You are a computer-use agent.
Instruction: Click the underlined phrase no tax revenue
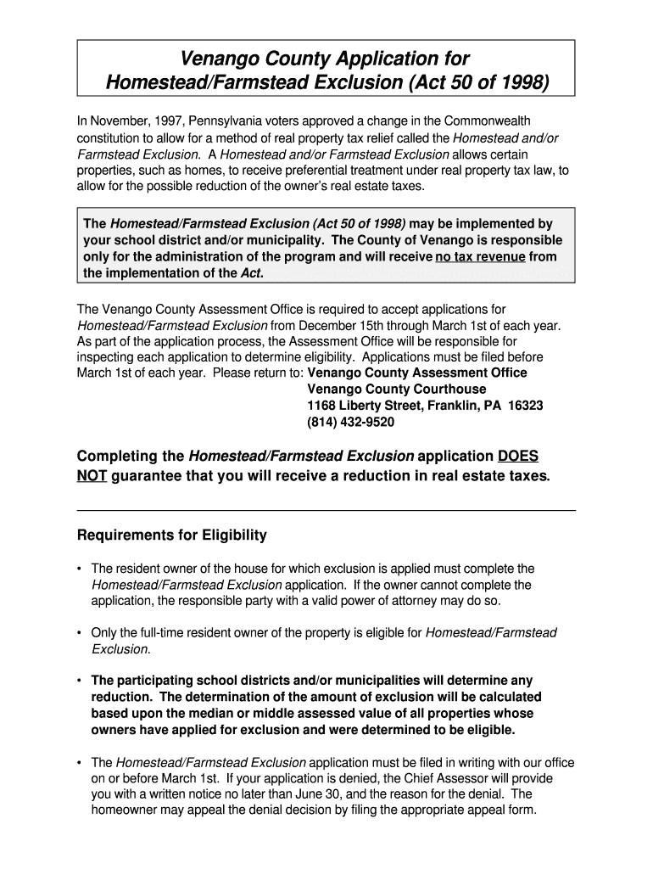pos(480,257)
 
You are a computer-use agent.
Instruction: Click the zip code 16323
pos(526,406)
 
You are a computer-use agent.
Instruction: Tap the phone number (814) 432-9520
pos(350,422)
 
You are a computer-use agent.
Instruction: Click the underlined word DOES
pos(517,456)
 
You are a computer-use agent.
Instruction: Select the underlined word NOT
pos(92,476)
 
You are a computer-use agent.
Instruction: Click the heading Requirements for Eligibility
pos(172,535)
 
